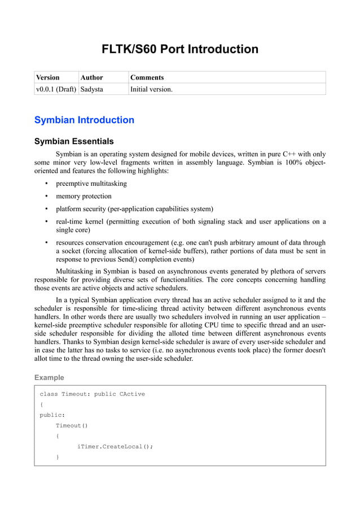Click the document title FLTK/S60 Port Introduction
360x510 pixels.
[x=179, y=49]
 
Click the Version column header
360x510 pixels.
[x=48, y=77]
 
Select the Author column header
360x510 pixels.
[x=92, y=77]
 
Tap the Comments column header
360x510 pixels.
[x=147, y=77]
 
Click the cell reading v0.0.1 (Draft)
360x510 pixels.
[x=56, y=89]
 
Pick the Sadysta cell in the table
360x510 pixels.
[x=92, y=89]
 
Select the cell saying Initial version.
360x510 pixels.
[x=151, y=89]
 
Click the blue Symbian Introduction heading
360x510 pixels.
[x=84, y=120]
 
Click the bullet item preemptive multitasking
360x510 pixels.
[x=91, y=184]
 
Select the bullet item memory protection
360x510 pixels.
[x=84, y=197]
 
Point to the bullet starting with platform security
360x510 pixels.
[x=134, y=209]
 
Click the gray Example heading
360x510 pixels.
[x=49, y=377]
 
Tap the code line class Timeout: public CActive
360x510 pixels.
[x=92, y=394]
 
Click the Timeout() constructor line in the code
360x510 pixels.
[x=72, y=425]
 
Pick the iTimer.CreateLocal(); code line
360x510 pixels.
[x=115, y=446]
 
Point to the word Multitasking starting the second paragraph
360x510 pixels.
[x=77, y=272]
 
